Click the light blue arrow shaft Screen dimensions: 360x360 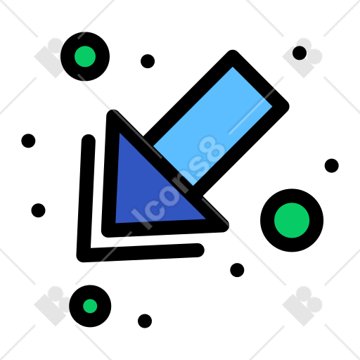click(212, 126)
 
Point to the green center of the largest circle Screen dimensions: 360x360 click(292, 220)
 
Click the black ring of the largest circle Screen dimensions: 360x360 click(267, 220)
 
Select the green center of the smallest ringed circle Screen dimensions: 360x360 click(90, 306)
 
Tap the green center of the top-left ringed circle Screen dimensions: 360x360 click(85, 56)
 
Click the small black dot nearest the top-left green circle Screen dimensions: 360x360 click(148, 61)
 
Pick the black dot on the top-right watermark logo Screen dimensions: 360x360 click(300, 53)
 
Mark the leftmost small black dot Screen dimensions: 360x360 click(28, 141)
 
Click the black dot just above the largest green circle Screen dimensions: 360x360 click(332, 166)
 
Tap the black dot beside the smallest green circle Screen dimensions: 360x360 click(145, 321)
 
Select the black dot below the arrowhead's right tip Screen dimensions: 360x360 click(237, 270)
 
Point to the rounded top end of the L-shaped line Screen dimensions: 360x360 click(89, 140)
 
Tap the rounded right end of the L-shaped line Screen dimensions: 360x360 click(199, 250)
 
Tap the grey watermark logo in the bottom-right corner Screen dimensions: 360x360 click(302, 306)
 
